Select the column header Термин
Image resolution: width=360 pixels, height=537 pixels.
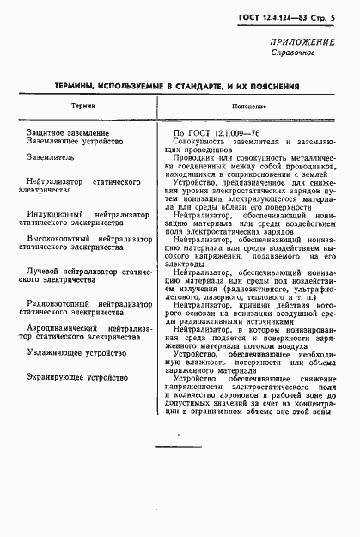[x=83, y=106]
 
